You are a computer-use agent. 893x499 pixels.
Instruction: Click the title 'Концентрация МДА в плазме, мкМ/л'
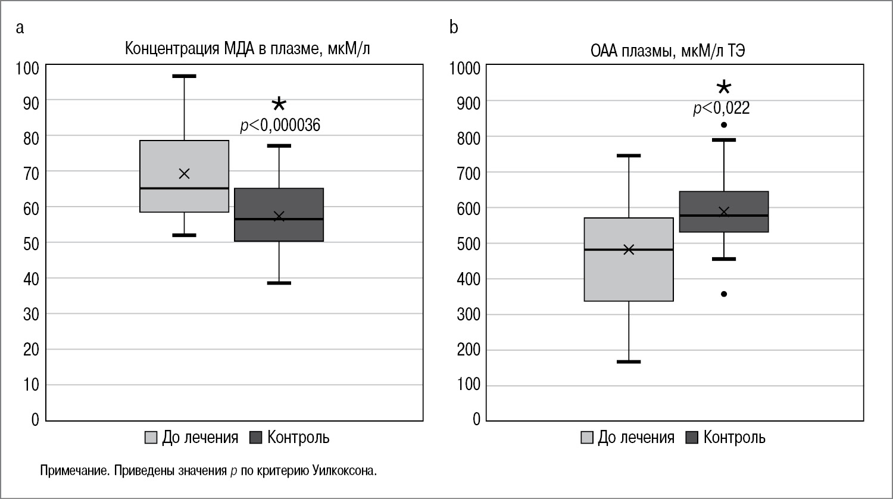tap(247, 49)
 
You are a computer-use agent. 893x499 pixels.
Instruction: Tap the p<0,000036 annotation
tap(280, 126)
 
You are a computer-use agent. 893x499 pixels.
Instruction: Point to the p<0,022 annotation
tap(721, 108)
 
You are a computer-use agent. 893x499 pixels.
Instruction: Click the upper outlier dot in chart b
tap(724, 125)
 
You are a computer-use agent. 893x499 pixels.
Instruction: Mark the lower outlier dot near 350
tap(724, 294)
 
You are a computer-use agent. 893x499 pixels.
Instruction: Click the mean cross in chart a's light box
tap(184, 173)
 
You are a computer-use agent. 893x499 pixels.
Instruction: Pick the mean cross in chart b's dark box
tap(724, 212)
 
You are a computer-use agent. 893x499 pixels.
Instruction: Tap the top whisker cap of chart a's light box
tap(184, 76)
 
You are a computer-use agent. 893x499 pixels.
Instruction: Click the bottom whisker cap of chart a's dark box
tap(279, 283)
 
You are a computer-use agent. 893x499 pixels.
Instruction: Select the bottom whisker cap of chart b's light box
tap(629, 361)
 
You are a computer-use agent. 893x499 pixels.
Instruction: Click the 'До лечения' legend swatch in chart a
tap(151, 438)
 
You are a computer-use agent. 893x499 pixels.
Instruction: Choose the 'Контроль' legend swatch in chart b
tap(692, 438)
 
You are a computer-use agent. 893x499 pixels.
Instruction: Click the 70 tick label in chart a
tap(31, 173)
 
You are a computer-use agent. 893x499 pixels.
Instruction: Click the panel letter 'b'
tap(454, 28)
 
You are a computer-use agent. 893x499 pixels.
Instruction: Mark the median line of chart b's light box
tap(629, 249)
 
